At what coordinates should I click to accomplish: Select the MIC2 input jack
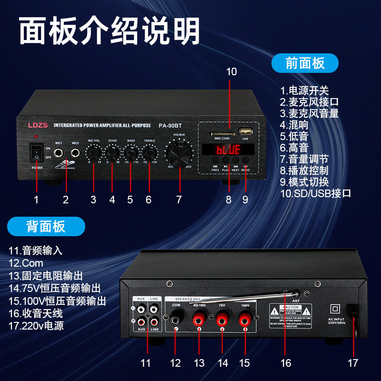click(75, 153)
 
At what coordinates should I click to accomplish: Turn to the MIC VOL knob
click(94, 153)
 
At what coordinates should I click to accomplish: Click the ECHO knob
click(112, 153)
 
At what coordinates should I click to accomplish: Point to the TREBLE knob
click(150, 153)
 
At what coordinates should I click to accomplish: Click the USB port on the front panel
click(245, 132)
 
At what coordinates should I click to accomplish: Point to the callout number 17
click(352, 362)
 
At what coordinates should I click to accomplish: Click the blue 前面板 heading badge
click(305, 63)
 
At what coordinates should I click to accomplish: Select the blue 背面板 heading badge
click(46, 226)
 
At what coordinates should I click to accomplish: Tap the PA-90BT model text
click(170, 126)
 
